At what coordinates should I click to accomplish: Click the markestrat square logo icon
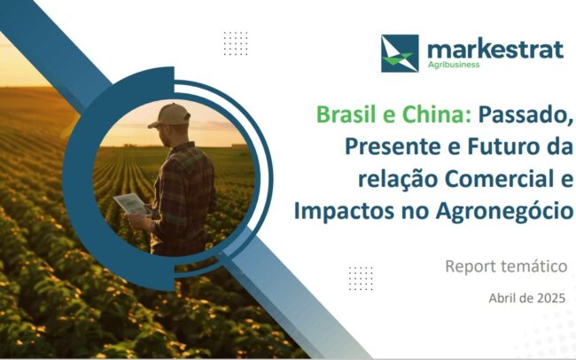pyautogui.click(x=400, y=53)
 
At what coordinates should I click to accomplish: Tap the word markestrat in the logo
pyautogui.click(x=495, y=50)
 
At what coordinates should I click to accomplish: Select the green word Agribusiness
pyautogui.click(x=454, y=65)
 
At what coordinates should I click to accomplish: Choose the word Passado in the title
pyautogui.click(x=525, y=115)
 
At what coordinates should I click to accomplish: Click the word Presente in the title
pyautogui.click(x=393, y=146)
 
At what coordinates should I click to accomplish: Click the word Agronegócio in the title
pyautogui.click(x=505, y=212)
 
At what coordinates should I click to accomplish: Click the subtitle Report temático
pyautogui.click(x=506, y=266)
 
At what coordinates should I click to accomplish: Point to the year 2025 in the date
pyautogui.click(x=551, y=298)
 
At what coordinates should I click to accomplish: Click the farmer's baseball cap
pyautogui.click(x=169, y=115)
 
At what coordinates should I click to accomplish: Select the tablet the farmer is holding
pyautogui.click(x=132, y=204)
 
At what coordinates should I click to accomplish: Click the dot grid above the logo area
pyautogui.click(x=236, y=43)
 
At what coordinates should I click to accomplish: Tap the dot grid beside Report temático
pyautogui.click(x=361, y=278)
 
